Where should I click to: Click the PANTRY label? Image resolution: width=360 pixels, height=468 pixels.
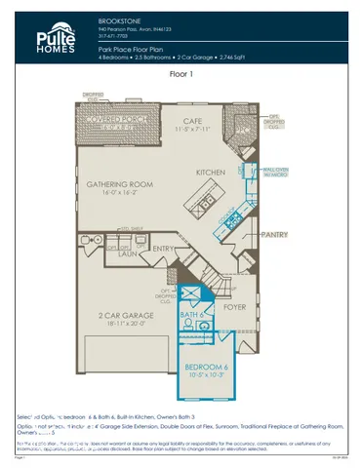(278, 235)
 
